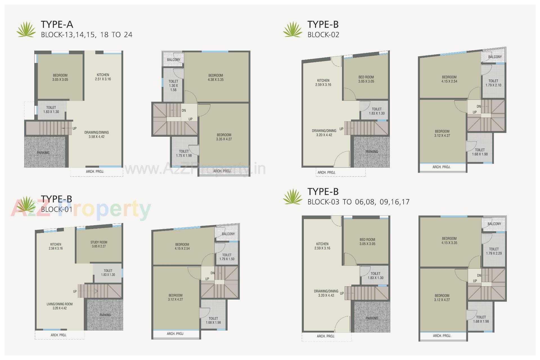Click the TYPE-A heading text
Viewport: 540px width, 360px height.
(57, 24)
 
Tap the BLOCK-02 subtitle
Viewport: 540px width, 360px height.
(323, 35)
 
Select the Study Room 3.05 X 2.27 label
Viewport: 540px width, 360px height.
(99, 244)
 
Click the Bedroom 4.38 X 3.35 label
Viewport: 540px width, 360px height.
(215, 78)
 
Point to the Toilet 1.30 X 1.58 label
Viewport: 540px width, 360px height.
(173, 85)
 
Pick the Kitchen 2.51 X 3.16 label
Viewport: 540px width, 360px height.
(103, 77)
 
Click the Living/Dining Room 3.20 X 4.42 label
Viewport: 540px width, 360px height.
(60, 306)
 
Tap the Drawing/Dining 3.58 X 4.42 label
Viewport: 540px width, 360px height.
(96, 134)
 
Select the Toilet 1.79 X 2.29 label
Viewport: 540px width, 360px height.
(494, 251)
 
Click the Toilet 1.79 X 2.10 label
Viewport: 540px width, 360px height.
(493, 83)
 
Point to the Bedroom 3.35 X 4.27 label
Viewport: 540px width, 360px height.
(224, 137)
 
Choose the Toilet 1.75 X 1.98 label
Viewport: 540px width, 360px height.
(184, 153)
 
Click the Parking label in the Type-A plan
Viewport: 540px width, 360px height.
(43, 153)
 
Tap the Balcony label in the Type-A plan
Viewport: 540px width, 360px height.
(174, 60)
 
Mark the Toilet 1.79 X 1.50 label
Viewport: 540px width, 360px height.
(227, 257)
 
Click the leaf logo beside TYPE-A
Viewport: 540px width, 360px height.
(26, 30)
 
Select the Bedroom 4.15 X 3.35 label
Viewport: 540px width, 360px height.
(449, 240)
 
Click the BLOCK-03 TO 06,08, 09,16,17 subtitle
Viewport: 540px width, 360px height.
(358, 202)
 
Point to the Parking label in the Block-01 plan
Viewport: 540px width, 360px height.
(105, 315)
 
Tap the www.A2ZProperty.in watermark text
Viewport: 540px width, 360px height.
(195, 169)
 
